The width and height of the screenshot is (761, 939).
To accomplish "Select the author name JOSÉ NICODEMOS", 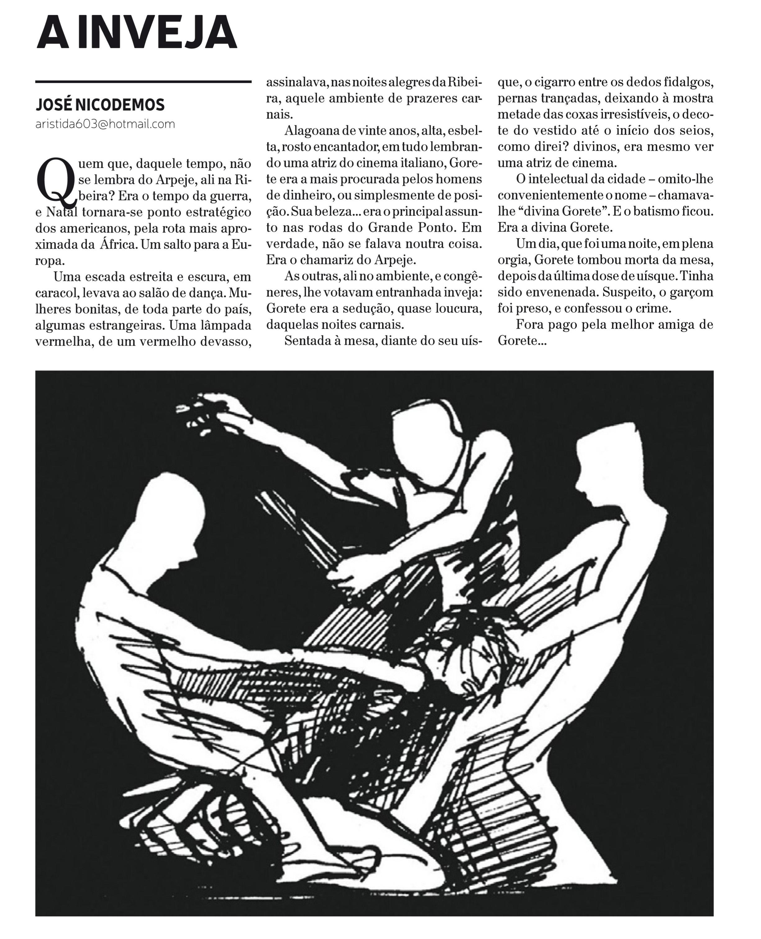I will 100,105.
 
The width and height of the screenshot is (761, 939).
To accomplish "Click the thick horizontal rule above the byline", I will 143,82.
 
